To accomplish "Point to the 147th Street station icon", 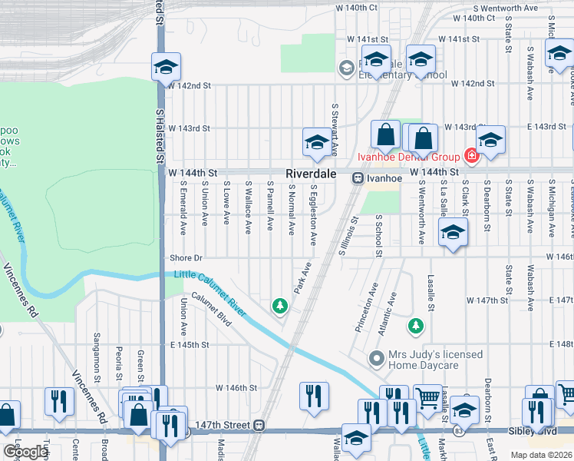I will (260, 425).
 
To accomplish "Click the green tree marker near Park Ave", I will (280, 307).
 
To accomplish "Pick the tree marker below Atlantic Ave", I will (416, 327).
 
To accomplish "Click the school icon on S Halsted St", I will (165, 67).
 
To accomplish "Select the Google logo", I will (25, 451).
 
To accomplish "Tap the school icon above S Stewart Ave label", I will (316, 142).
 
